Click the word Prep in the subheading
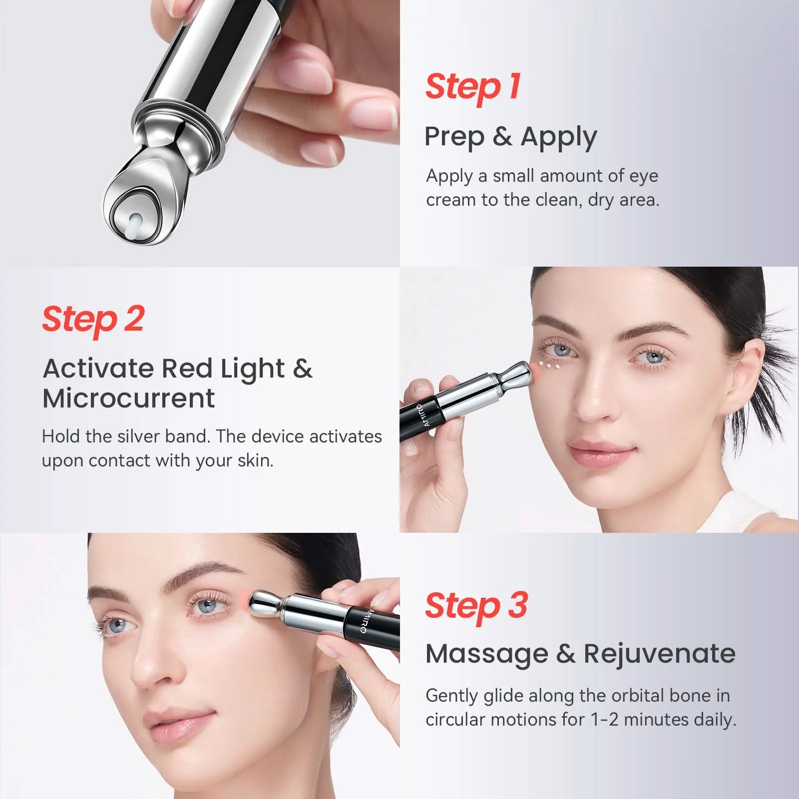tap(454, 137)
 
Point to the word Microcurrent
tap(129, 399)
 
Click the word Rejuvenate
tap(660, 654)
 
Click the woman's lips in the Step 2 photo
tap(602, 452)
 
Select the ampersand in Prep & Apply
tap(502, 136)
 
